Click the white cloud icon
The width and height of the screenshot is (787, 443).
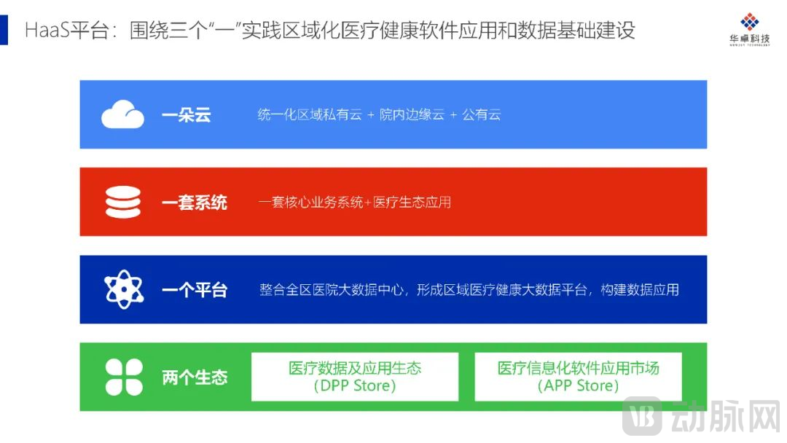122,114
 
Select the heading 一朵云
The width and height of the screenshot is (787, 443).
186,115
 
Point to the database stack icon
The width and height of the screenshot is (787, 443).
123,202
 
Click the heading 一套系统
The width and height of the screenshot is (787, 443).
194,203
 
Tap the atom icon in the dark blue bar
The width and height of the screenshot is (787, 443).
124,289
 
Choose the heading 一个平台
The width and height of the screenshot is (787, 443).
194,290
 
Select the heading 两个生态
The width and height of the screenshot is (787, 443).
194,377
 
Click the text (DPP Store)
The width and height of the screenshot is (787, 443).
355,386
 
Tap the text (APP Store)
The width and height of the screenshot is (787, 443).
578,386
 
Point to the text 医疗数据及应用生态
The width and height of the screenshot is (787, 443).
355,368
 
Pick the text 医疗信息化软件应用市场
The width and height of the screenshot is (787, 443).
578,368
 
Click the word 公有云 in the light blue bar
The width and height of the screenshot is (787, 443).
482,115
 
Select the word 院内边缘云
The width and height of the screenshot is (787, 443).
412,115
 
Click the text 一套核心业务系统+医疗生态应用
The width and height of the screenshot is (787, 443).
355,203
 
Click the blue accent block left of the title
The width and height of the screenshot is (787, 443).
4,30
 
